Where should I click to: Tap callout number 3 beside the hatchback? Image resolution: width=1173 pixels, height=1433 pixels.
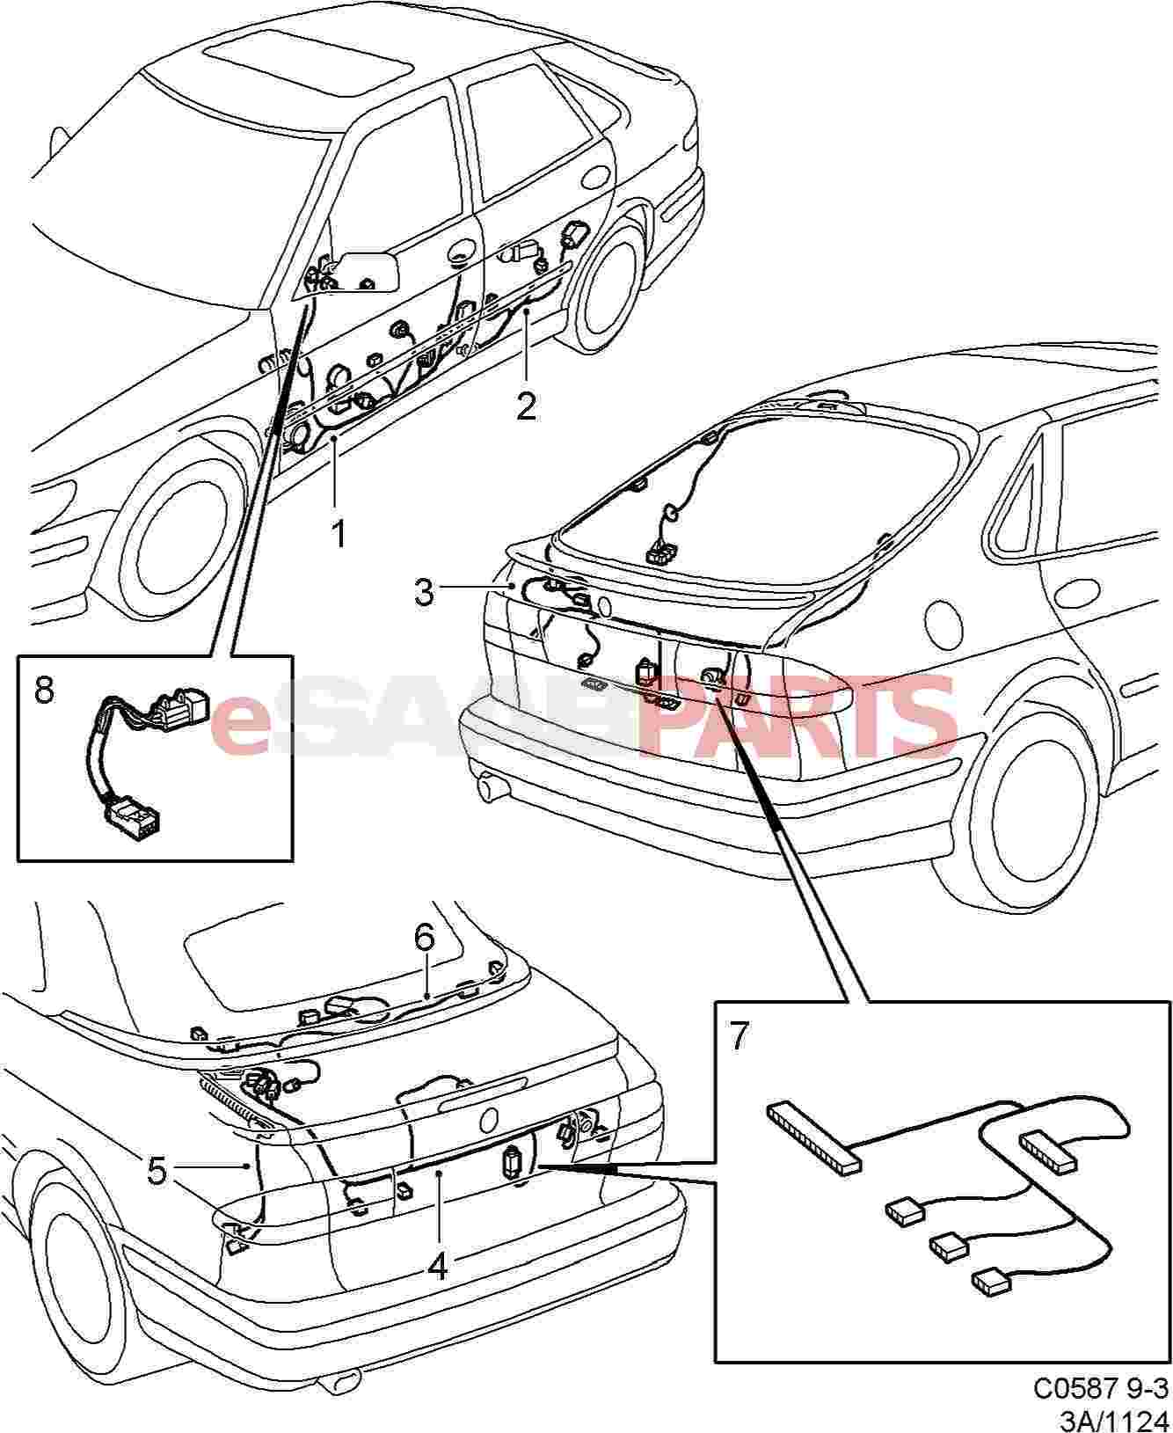tap(425, 592)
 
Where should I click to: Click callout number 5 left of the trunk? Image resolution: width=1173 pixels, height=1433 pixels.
tap(157, 1170)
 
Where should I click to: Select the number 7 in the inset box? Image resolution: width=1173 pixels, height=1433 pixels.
tap(739, 1036)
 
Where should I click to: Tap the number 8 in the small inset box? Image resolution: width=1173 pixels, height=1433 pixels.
tap(44, 690)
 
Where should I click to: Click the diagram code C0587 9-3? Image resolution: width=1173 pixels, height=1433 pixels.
tap(1100, 1387)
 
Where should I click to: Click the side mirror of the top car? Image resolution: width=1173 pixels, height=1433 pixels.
tap(368, 270)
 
